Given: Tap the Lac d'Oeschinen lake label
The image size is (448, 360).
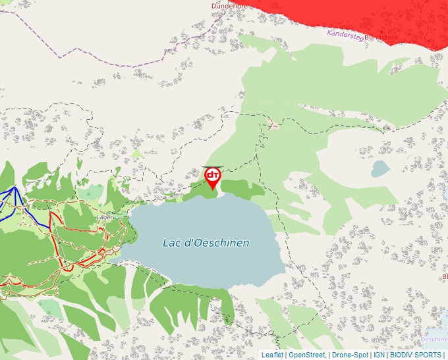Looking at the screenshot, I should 206,243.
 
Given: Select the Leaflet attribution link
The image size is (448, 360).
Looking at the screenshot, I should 272,355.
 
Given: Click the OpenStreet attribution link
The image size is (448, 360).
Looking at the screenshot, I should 307,355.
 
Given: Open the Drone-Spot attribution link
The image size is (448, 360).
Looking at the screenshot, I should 349,355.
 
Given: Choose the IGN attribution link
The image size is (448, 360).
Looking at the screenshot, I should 379,355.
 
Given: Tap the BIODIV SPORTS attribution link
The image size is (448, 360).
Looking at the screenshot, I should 415,355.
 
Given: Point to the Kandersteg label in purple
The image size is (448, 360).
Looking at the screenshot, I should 345,35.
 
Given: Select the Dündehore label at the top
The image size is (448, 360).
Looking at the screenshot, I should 229,5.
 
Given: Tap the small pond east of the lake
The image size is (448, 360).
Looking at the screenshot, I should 380,169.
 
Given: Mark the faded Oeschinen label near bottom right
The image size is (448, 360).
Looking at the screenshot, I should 434,339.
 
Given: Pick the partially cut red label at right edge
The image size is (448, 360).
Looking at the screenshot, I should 445,276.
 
